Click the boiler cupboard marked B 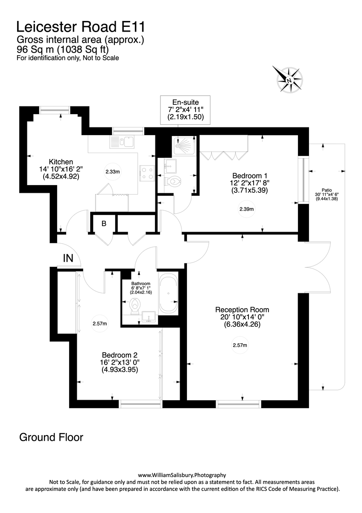(104, 223)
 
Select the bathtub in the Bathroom (169, 294)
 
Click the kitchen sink (122, 142)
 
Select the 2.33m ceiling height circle (113, 172)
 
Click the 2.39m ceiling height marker (246, 209)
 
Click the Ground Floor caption (51, 437)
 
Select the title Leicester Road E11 (81, 27)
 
